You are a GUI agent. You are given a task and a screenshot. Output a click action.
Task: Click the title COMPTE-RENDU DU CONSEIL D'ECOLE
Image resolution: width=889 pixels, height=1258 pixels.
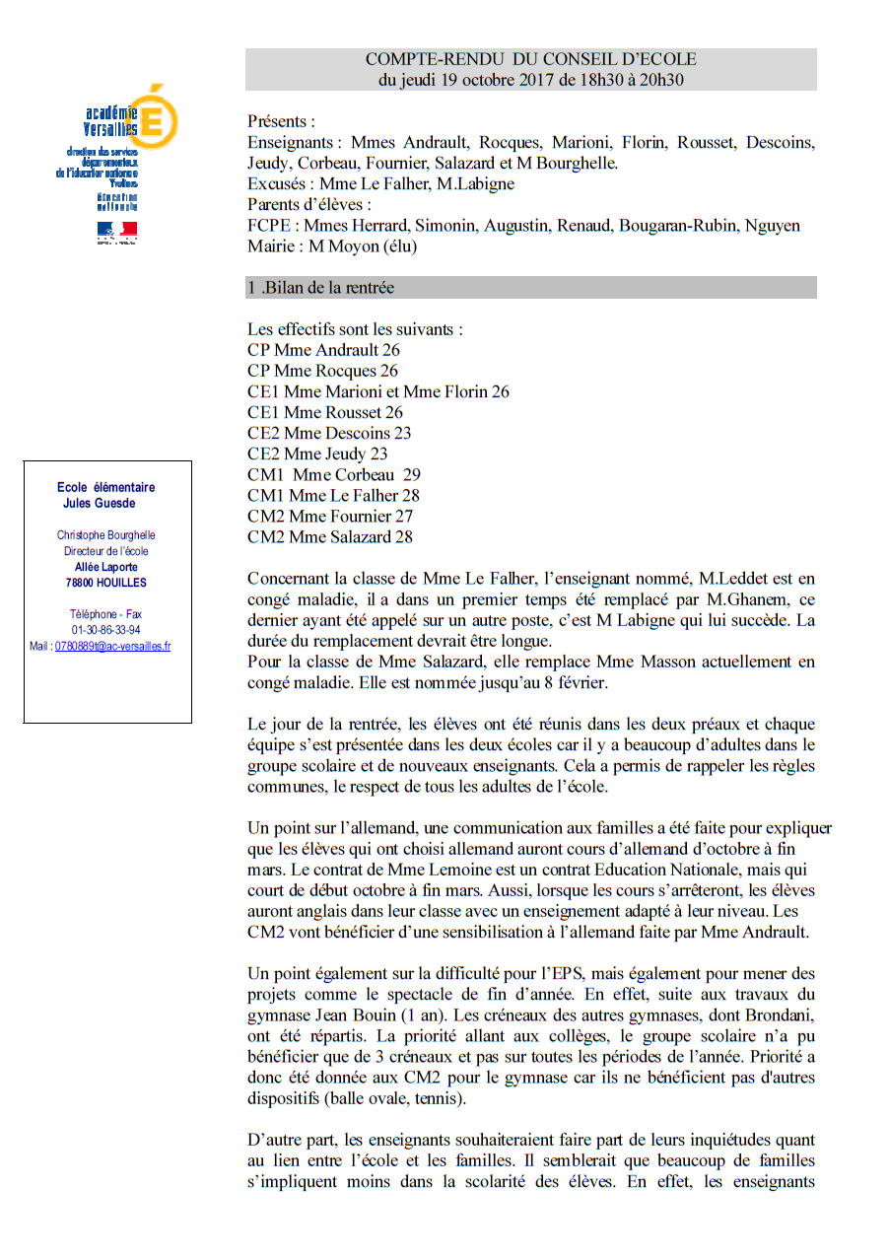point(530,60)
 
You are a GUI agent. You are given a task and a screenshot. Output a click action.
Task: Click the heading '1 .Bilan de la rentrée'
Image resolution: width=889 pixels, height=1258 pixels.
point(321,288)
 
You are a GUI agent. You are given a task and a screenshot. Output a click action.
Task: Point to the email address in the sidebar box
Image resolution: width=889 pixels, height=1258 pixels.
point(112,647)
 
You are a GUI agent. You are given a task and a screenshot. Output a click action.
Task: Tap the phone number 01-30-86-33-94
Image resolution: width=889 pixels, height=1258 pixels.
point(105,630)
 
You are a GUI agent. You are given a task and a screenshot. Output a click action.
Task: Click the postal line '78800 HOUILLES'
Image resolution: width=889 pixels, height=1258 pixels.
point(105,583)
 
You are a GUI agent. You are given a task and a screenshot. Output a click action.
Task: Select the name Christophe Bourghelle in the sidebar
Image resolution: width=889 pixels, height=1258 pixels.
point(105,535)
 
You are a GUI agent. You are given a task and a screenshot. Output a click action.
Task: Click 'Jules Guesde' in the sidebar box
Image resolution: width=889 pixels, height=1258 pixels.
point(100,503)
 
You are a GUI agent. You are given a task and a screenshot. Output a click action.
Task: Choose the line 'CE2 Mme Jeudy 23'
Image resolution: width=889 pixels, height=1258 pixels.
point(317,454)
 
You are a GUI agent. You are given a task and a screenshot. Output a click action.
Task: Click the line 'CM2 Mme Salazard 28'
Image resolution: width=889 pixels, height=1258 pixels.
point(330,536)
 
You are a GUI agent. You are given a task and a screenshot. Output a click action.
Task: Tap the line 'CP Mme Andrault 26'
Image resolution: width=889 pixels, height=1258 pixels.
point(323,350)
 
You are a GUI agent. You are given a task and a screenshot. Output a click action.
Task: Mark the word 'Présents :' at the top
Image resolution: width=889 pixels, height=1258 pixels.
point(281,122)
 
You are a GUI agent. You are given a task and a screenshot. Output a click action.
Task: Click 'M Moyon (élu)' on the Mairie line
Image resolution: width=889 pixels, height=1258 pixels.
point(358,246)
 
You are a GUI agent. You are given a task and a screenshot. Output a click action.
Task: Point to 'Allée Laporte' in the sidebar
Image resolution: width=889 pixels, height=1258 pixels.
point(105,567)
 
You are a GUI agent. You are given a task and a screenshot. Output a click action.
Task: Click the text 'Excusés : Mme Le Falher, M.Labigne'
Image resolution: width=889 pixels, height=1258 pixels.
point(380,184)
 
